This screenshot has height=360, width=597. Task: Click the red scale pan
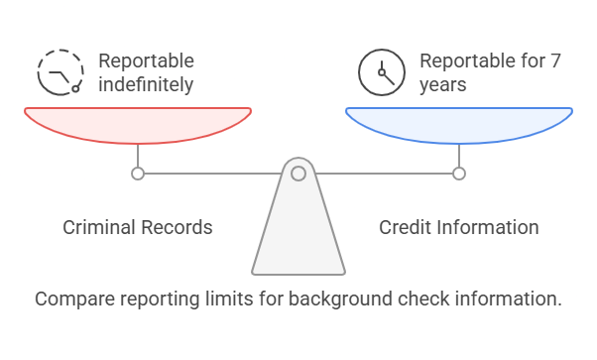point(137,124)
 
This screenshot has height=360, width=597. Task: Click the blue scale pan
point(458,124)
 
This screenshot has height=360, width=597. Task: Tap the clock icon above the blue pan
point(381,71)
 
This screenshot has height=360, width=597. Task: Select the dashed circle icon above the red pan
point(60,71)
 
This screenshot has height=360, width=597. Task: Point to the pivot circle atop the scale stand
point(298,174)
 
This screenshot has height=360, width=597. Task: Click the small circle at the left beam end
point(138,174)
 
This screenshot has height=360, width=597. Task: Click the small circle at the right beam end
point(459,174)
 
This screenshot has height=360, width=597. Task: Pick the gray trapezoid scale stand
point(298,233)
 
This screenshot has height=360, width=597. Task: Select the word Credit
point(407,227)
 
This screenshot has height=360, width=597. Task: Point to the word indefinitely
point(146,84)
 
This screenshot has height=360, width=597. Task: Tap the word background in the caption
point(330,298)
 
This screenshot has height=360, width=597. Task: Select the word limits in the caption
point(220,298)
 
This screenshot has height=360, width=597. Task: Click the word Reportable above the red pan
point(146,61)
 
